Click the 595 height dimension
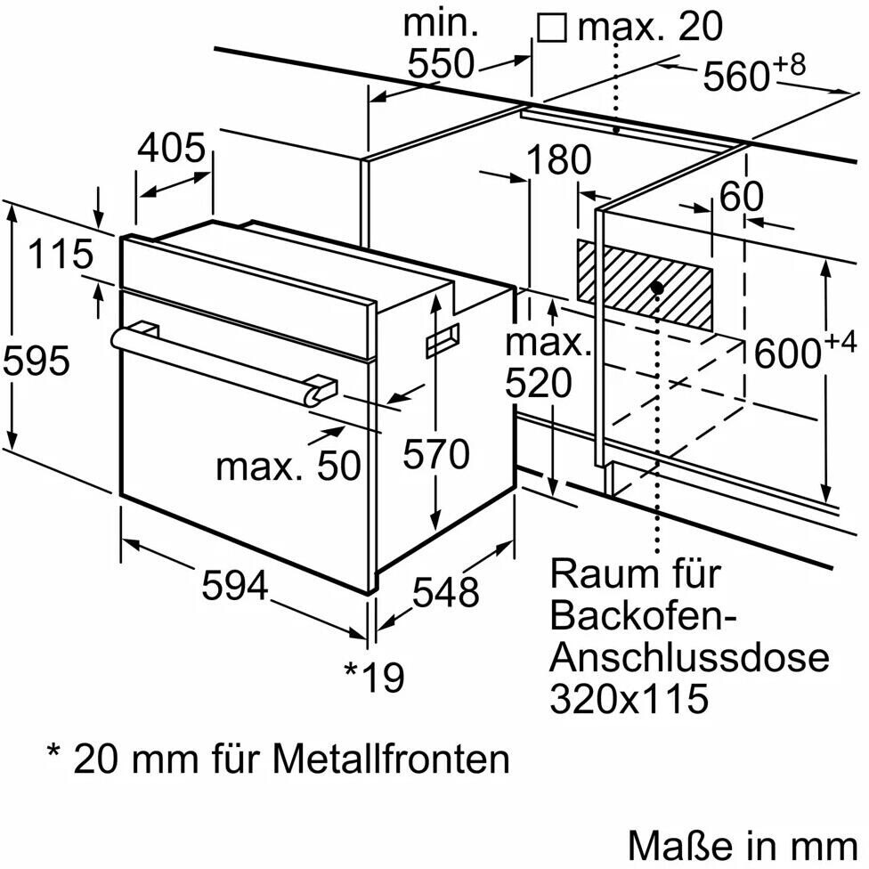[37, 361]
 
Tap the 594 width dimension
[235, 585]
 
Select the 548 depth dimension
[445, 592]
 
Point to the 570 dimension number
[436, 454]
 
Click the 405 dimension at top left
[171, 148]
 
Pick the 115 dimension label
[61, 254]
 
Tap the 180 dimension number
[558, 159]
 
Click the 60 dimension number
[741, 196]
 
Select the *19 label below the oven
[375, 676]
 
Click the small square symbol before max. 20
[552, 28]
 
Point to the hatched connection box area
[645, 285]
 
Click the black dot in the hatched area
[658, 288]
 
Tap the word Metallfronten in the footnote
[391, 759]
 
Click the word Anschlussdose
[689, 656]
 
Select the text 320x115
[629, 698]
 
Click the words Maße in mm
[743, 846]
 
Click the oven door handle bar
[223, 364]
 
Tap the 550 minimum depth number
[441, 63]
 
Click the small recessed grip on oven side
[443, 340]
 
